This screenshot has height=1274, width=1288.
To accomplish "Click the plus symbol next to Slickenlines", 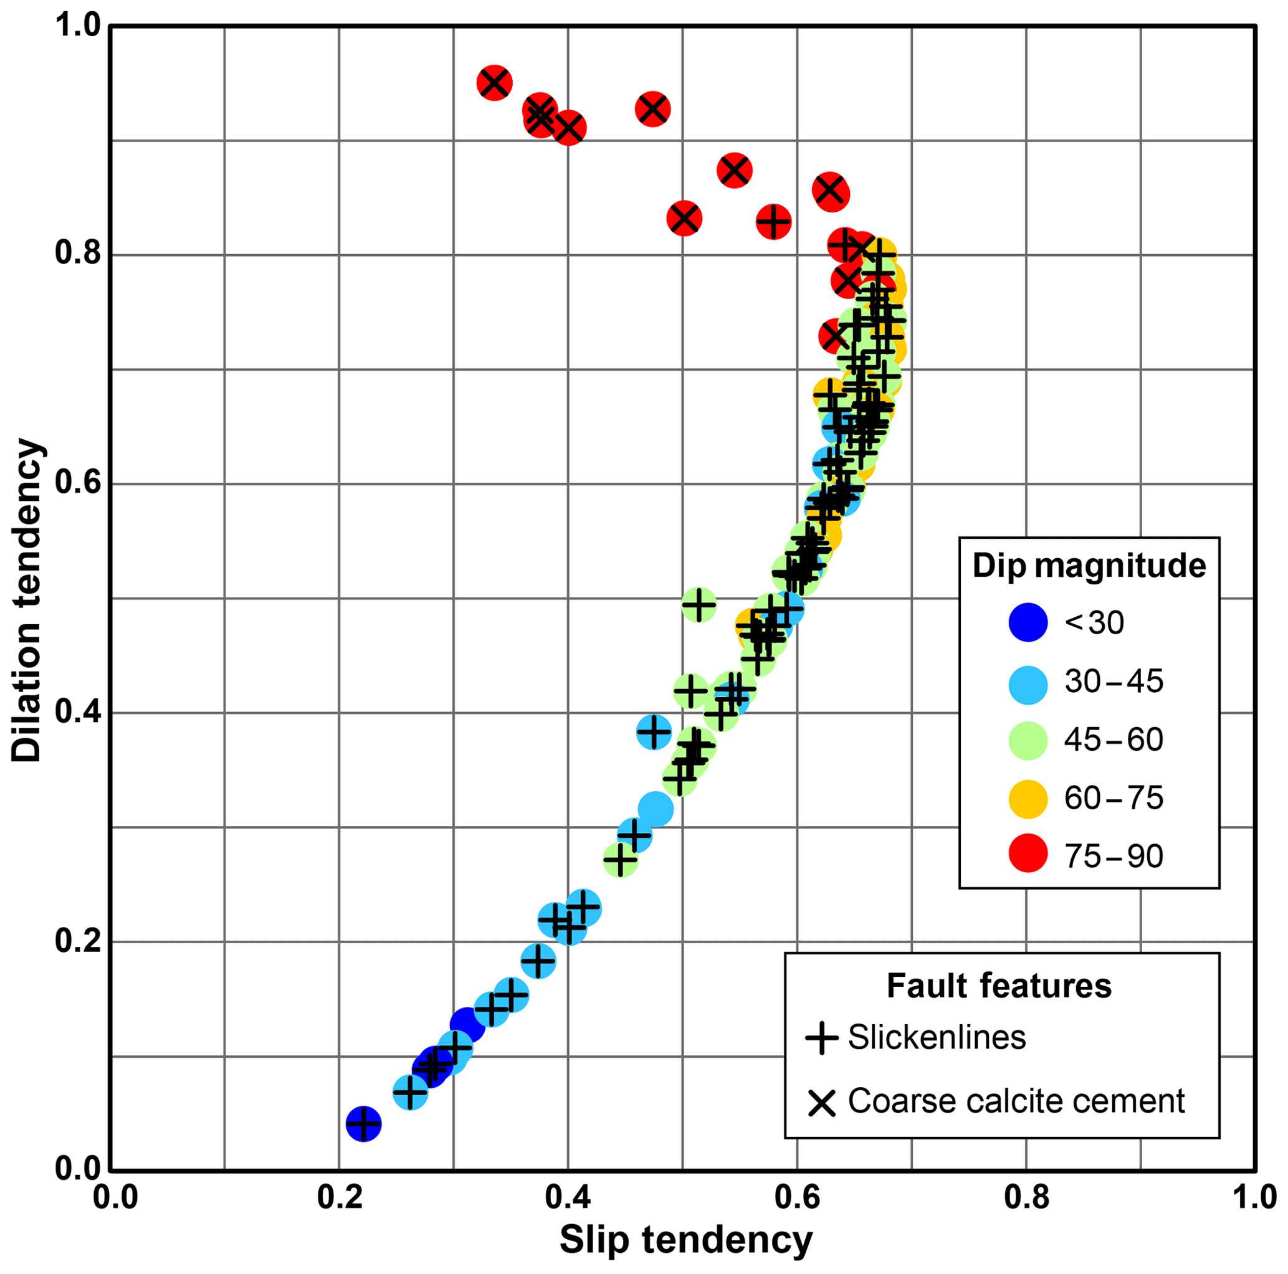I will (821, 1038).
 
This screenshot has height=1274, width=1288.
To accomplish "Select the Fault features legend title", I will (999, 986).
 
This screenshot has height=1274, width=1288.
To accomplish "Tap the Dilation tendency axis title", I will (27, 599).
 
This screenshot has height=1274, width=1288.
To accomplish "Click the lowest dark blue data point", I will (363, 1124).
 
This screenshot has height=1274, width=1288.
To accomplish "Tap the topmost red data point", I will (494, 83).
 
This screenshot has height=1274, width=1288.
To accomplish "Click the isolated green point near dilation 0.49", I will (699, 606).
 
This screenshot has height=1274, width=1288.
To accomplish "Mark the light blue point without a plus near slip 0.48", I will (656, 809).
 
